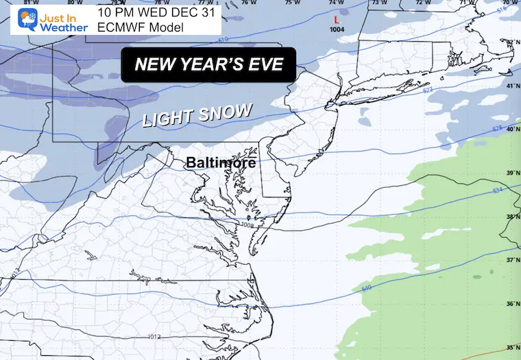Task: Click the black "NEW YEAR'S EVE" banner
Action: (208, 65)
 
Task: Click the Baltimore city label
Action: (221, 163)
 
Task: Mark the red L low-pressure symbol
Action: (336, 21)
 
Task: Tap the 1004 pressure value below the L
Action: (337, 29)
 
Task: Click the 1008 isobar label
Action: (248, 224)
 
